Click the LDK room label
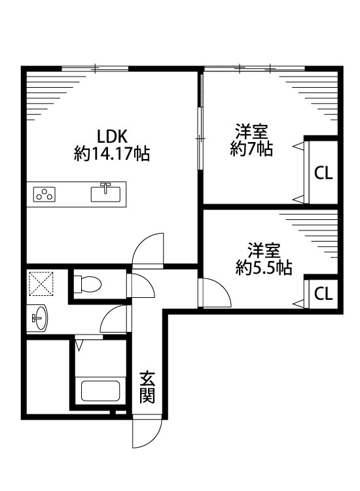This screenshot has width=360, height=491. pos(111,136)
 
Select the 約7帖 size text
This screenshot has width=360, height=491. pos(251,149)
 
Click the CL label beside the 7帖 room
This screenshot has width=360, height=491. pos(323,173)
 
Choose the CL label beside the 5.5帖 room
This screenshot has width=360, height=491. pos(323,293)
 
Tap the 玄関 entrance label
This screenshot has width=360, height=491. pos(147,387)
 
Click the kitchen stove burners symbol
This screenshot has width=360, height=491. pos(45,194)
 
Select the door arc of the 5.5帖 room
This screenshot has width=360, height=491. pos(213,292)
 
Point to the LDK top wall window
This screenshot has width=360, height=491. pos(96,67)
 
